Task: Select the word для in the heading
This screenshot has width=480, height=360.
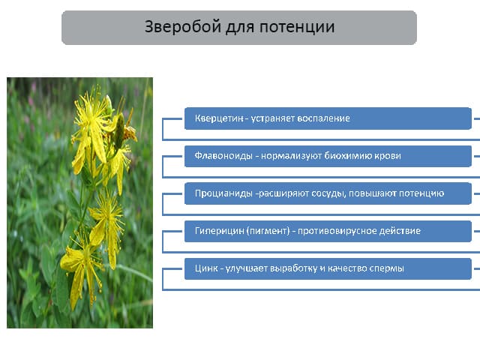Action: pos(240,28)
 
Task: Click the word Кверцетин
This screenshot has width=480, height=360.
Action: pos(219,118)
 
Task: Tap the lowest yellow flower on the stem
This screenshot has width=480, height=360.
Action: pos(82,269)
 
